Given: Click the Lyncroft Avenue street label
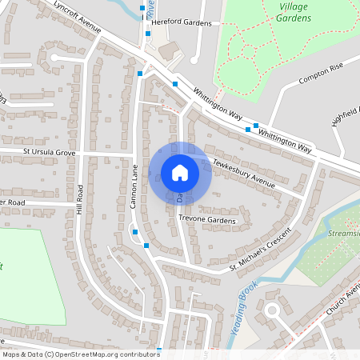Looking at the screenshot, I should [78, 17].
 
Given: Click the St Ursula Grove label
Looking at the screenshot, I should [49, 151].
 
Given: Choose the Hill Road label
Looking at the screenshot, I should [81, 199].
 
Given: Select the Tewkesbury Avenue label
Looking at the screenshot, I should [243, 174].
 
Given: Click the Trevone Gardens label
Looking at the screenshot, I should [208, 219].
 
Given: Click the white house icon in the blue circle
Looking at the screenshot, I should [180, 173].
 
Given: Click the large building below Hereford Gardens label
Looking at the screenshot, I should [169, 50].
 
